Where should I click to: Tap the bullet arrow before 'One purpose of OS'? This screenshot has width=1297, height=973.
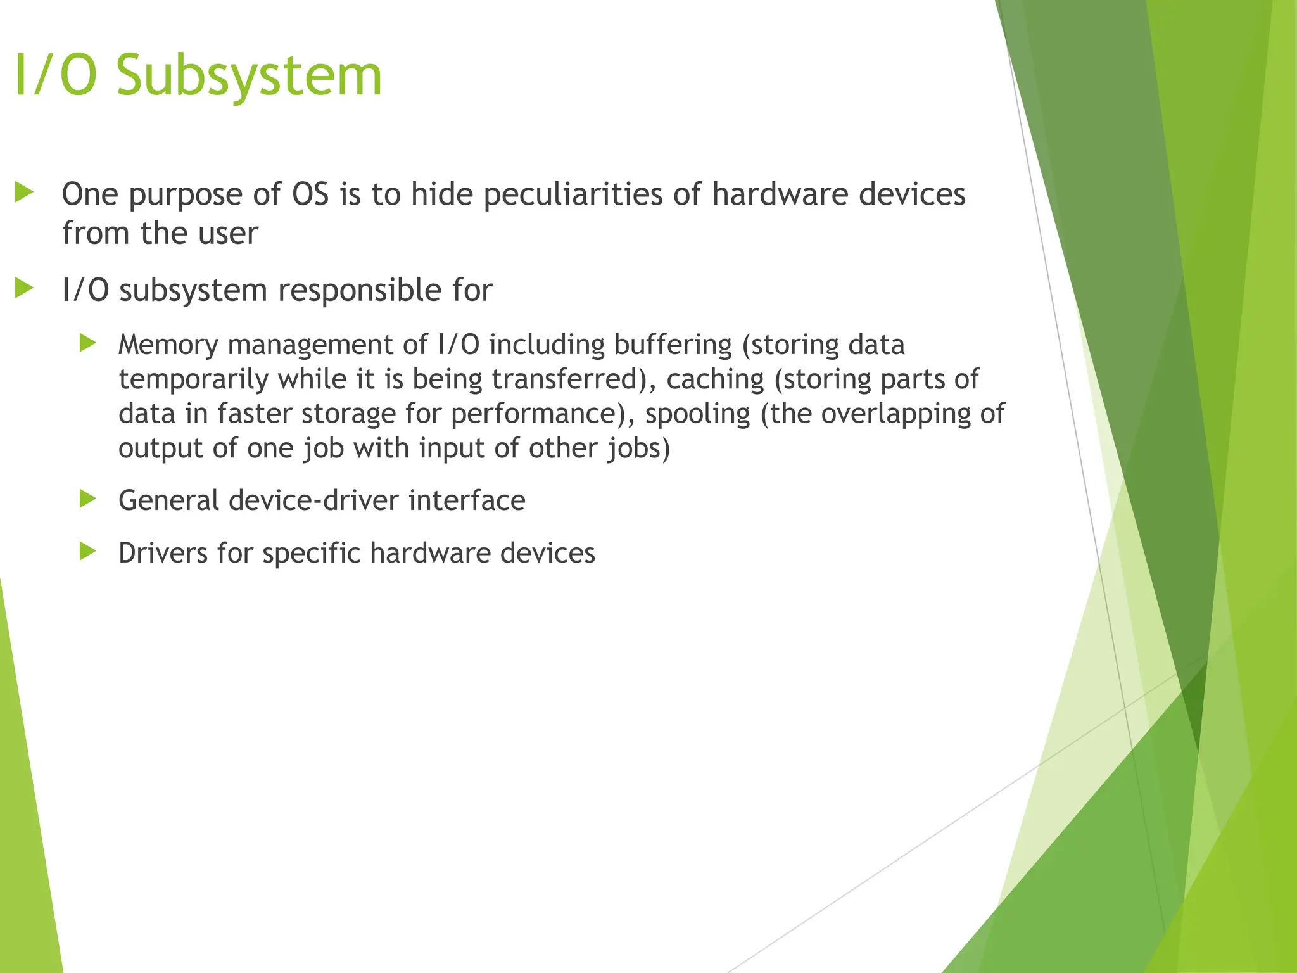[24, 193]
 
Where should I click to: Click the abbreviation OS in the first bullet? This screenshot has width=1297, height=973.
[310, 194]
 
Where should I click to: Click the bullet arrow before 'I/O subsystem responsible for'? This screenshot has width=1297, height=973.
[24, 289]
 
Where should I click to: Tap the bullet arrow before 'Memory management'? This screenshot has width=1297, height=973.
[88, 344]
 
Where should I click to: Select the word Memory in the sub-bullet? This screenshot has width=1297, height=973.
[168, 345]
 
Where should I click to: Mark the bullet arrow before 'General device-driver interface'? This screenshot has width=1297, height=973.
[88, 499]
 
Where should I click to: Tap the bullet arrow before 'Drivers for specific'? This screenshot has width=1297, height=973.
[88, 552]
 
